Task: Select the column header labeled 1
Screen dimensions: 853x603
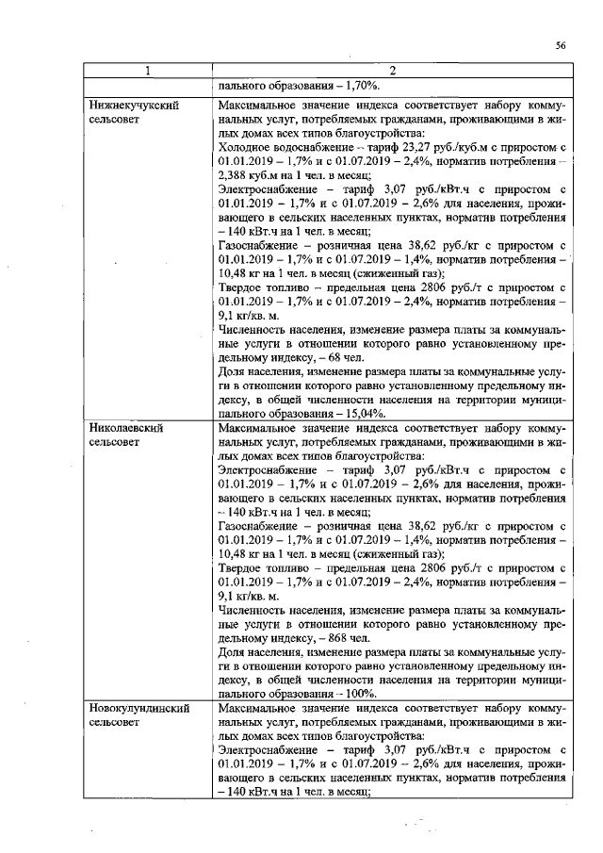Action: point(148,71)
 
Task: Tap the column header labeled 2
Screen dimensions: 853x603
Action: point(390,71)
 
